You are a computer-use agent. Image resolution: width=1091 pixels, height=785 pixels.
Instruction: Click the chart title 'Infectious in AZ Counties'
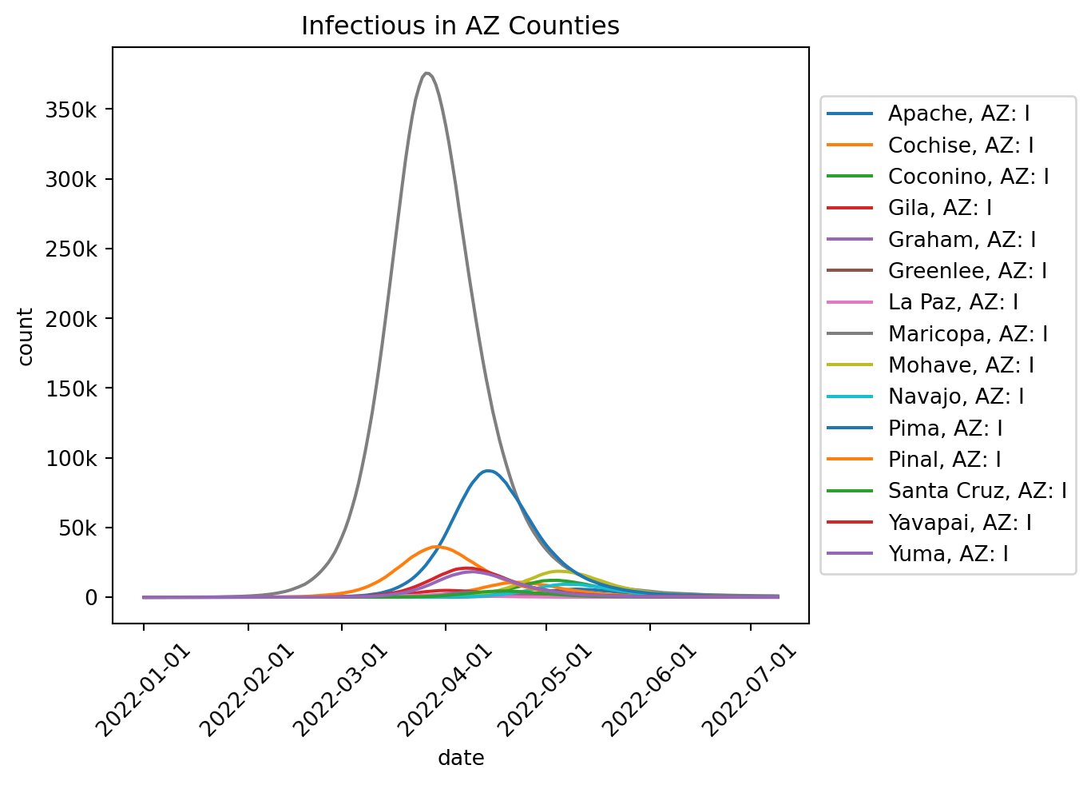[x=460, y=26]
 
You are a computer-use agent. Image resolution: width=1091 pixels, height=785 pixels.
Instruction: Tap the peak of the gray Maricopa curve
[x=427, y=74]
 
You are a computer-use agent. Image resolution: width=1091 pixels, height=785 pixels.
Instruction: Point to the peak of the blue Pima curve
[x=487, y=471]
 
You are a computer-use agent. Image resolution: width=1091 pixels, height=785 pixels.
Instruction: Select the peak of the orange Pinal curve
[x=436, y=547]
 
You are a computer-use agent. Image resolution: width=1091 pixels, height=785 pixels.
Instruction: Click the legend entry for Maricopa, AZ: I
[x=967, y=334]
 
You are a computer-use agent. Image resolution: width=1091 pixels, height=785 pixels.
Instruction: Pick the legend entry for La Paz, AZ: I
[x=953, y=302]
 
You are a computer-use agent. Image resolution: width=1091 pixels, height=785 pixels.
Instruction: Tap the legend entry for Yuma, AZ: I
[x=947, y=553]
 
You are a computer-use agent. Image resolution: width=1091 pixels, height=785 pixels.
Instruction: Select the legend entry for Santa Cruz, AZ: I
[x=977, y=491]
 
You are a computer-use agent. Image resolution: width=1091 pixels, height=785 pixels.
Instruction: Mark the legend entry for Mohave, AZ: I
[x=961, y=365]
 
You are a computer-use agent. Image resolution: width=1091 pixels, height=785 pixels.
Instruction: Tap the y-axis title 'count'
[x=26, y=336]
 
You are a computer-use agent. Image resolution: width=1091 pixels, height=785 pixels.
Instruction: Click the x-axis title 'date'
[x=461, y=758]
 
